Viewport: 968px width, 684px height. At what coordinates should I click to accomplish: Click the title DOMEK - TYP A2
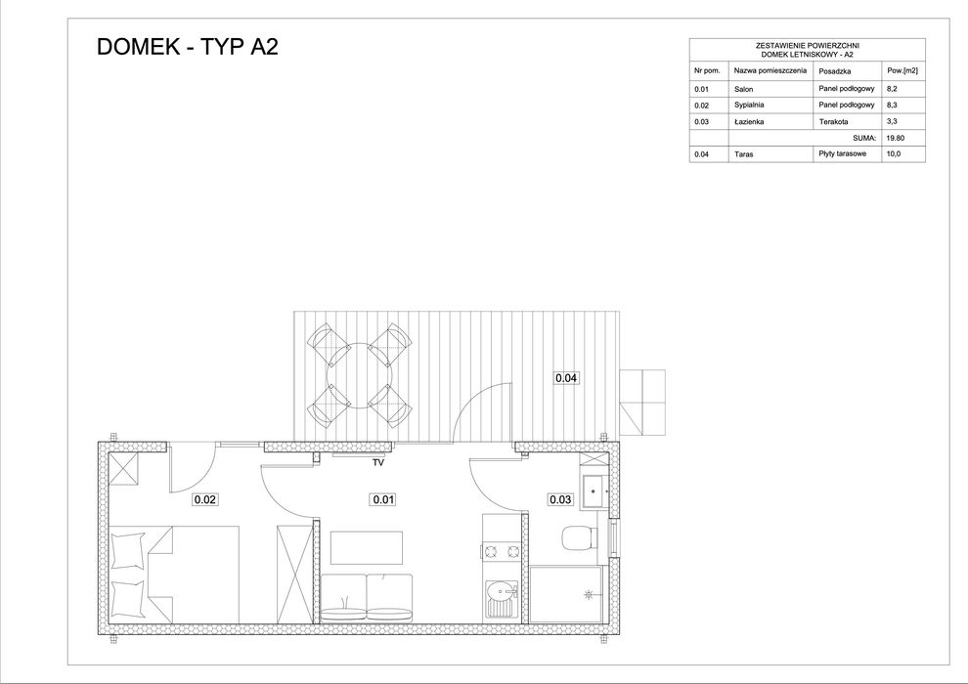coord(187,48)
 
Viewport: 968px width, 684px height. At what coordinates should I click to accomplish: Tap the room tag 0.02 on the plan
coord(204,500)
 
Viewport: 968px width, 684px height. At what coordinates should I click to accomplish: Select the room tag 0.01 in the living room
coord(382,500)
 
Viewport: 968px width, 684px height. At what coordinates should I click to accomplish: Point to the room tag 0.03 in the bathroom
coord(560,500)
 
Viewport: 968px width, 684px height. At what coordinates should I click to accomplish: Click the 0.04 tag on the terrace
coord(566,377)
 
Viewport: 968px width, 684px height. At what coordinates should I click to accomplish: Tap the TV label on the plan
coord(377,464)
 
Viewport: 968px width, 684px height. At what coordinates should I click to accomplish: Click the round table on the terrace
coord(359,373)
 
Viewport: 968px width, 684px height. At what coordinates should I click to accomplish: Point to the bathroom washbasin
coord(593,490)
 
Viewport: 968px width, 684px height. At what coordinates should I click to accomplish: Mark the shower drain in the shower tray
coord(587,593)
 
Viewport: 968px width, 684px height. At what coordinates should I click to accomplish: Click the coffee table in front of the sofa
coord(367,547)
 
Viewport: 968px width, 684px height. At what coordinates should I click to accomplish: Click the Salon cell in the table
coord(744,89)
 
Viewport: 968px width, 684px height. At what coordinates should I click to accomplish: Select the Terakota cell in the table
coord(832,122)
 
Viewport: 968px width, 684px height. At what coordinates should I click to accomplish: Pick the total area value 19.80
coord(895,139)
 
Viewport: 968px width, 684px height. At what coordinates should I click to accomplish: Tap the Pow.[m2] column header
coord(902,71)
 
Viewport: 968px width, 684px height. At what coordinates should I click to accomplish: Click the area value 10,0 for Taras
coord(893,154)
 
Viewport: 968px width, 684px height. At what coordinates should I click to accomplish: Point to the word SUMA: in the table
coord(864,139)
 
